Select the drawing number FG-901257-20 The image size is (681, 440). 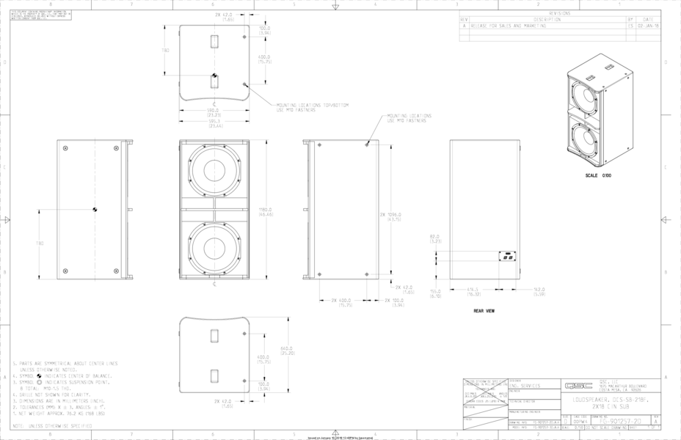[x=620, y=422]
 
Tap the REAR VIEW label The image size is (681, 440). [x=484, y=311]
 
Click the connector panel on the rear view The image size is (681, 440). [x=506, y=257]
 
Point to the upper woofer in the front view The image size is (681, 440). [x=214, y=172]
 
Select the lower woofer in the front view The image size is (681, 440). [x=214, y=248]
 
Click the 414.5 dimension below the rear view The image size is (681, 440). [x=475, y=292]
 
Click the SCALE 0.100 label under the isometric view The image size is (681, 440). [x=598, y=176]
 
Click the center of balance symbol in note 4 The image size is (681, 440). [x=39, y=375]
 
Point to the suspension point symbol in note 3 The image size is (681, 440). [x=39, y=382]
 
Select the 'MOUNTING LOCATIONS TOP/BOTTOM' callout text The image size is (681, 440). [x=312, y=107]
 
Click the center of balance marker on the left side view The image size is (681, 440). [x=95, y=210]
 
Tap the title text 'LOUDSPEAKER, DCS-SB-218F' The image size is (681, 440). [x=612, y=400]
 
